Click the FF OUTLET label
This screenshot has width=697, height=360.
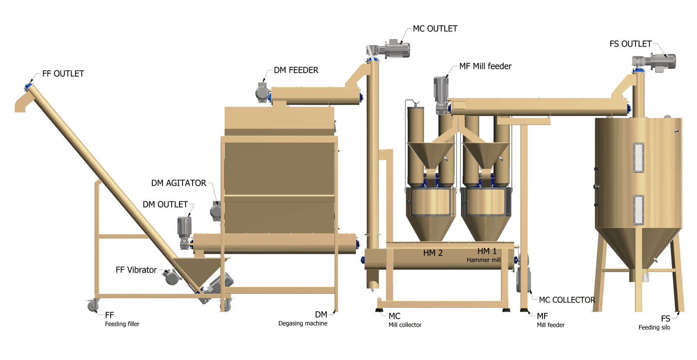pyautogui.click(x=63, y=74)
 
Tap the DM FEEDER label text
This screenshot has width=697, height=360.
pyautogui.click(x=296, y=70)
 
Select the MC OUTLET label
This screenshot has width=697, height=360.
pyautogui.click(x=435, y=29)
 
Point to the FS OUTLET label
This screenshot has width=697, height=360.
pyautogui.click(x=630, y=44)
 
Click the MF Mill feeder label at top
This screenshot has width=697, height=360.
pyautogui.click(x=485, y=66)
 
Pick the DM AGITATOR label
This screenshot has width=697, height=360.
pyautogui.click(x=179, y=183)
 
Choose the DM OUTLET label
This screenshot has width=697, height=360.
pyautogui.click(x=165, y=204)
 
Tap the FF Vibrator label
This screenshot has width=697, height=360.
pyautogui.click(x=136, y=270)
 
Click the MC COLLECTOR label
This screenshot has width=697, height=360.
pyautogui.click(x=567, y=300)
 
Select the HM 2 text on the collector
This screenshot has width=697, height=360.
pyautogui.click(x=433, y=253)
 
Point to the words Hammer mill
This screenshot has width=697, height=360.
pyautogui.click(x=484, y=260)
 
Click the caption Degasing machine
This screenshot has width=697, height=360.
pyautogui.click(x=303, y=323)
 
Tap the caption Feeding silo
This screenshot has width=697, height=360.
pyautogui.click(x=654, y=328)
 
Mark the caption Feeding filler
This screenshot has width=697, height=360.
pyautogui.click(x=122, y=324)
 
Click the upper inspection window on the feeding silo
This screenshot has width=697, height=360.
pyautogui.click(x=639, y=158)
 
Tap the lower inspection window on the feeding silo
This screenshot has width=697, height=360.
pyautogui.click(x=639, y=210)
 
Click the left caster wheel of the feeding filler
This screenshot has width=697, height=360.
pyautogui.click(x=93, y=306)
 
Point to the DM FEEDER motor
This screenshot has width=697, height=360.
pyautogui.click(x=262, y=92)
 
